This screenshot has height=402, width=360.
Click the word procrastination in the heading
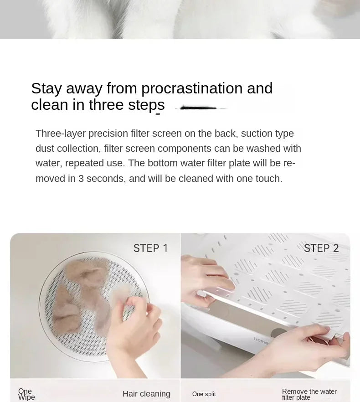[192, 89]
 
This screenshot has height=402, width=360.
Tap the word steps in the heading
[146, 105]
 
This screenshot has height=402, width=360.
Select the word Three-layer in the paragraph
[61, 134]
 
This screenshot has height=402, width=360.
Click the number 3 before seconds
[81, 179]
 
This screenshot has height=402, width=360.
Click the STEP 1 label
[150, 248]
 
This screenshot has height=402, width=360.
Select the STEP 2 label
[321, 248]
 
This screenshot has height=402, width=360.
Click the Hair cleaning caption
[146, 394]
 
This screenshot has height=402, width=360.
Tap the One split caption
[204, 394]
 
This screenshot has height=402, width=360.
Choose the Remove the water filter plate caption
[309, 395]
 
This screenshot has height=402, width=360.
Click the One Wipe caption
[26, 394]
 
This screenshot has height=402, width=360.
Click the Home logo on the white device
[261, 341]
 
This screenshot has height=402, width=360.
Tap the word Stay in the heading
[46, 89]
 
